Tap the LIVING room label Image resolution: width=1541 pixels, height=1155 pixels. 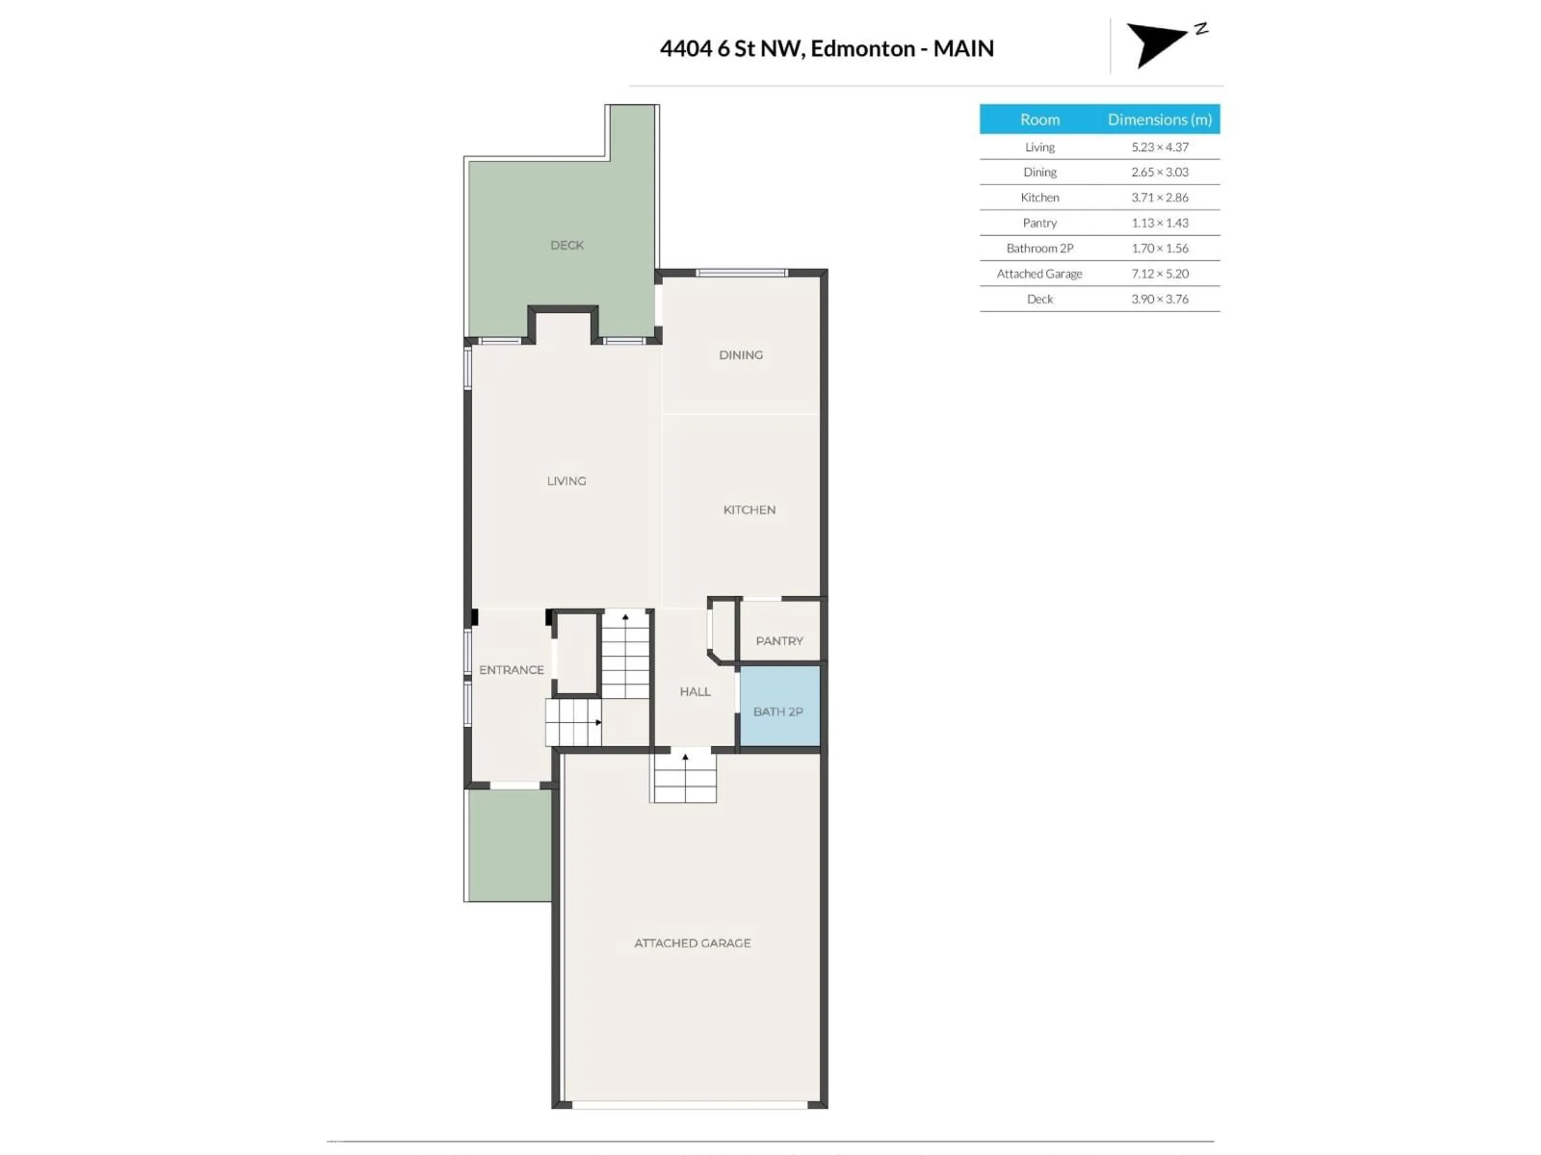coord(566,481)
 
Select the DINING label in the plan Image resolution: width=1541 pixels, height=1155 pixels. coord(740,355)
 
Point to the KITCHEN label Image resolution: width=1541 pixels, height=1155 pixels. coord(749,510)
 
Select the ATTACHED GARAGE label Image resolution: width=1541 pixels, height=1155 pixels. coord(692,943)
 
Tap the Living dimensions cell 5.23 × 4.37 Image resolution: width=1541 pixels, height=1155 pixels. coord(1159,147)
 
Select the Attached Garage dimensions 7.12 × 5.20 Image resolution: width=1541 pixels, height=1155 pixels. coord(1159,274)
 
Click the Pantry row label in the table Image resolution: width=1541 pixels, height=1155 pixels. coord(1039,223)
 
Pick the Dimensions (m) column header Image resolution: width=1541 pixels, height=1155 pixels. coord(1159,120)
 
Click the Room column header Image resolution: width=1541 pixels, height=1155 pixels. coord(1039,120)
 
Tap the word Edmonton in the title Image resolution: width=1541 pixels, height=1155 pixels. coord(862,49)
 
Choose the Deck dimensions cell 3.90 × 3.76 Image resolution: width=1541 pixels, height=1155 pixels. coord(1159,299)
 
